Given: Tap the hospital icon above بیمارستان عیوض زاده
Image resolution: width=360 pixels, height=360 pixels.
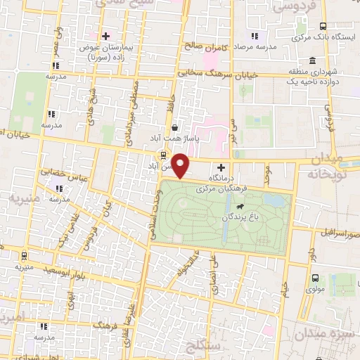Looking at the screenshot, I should [x=105, y=35].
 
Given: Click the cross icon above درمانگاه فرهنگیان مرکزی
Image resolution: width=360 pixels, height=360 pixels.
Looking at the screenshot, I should [x=222, y=167].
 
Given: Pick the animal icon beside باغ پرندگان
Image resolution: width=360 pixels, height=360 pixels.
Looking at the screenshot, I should [x=241, y=207].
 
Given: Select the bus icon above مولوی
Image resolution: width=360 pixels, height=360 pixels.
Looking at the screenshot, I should [x=314, y=277].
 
